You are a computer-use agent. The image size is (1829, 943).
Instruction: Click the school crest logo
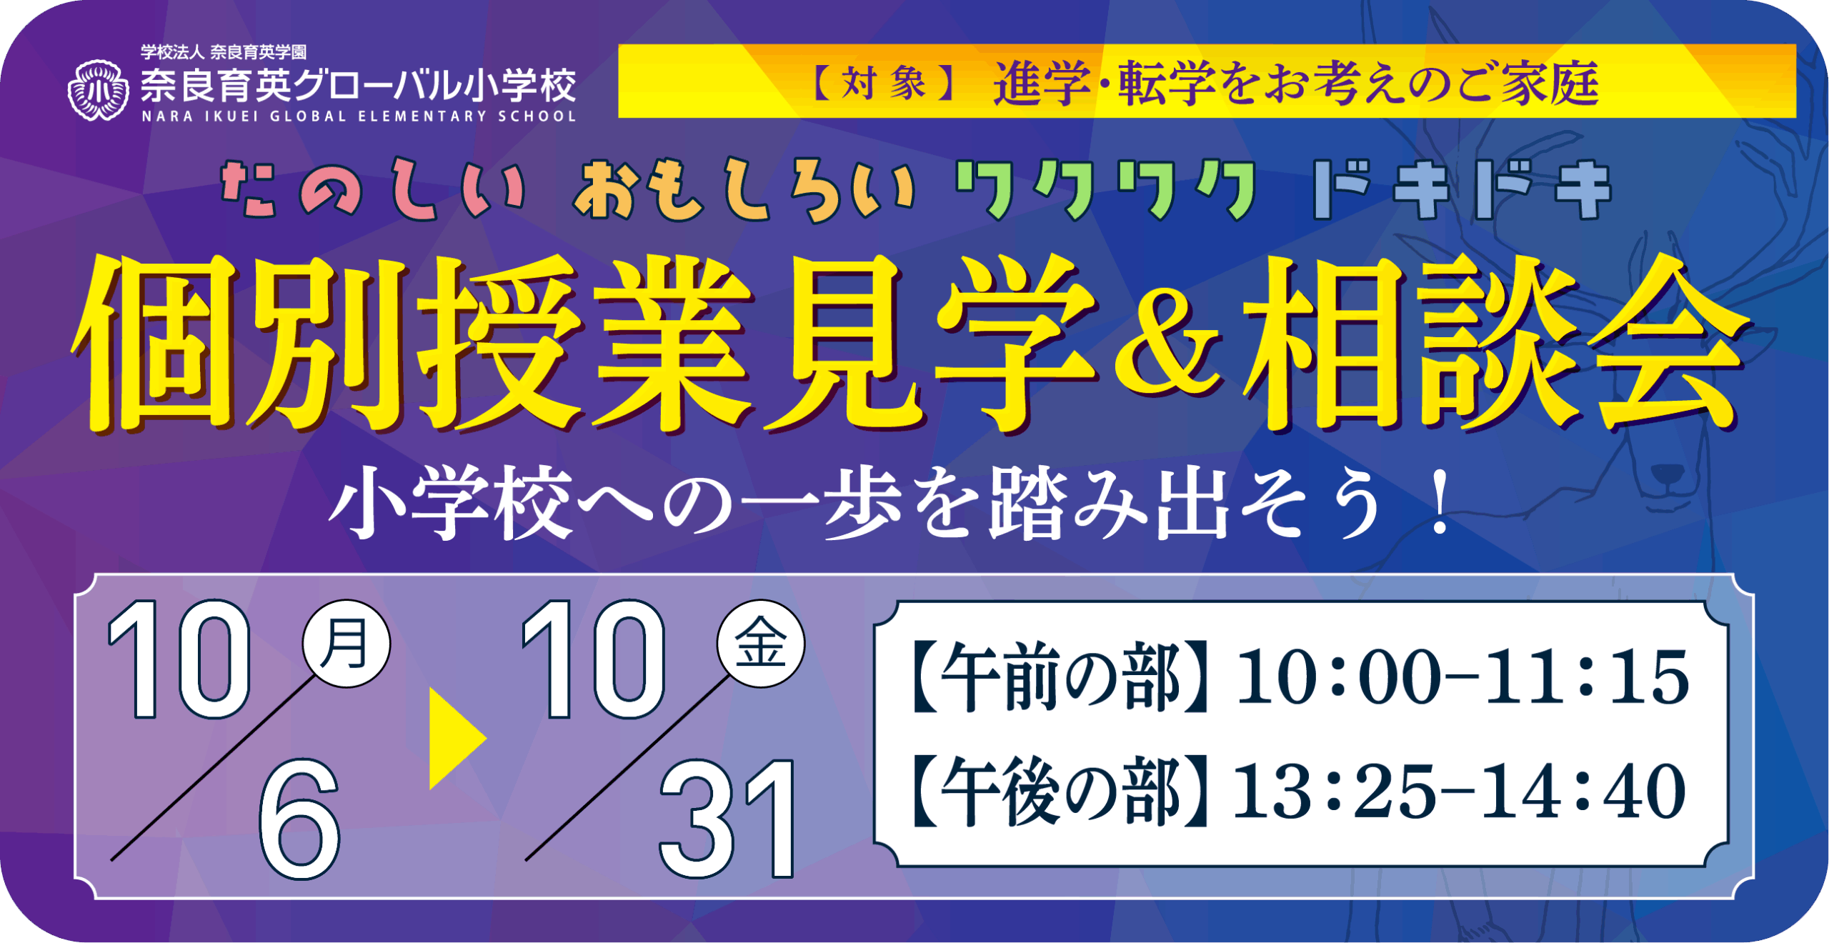point(99,90)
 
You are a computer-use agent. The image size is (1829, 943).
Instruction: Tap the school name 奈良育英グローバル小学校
point(359,86)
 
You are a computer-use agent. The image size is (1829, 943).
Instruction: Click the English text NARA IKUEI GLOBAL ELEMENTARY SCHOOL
point(359,116)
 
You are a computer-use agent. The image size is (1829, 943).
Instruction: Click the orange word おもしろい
point(743,189)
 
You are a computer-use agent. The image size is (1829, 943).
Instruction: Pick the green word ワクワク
point(1106,190)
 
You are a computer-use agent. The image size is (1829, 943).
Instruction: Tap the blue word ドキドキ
point(1462,189)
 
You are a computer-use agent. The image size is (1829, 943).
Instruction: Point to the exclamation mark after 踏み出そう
point(1440,503)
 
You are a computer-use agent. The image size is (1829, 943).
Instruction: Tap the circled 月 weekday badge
point(347,643)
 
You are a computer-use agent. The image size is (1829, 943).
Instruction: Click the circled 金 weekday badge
point(761,643)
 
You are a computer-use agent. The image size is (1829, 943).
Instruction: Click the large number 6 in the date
point(300,819)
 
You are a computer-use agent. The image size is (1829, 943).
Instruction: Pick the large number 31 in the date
point(727,819)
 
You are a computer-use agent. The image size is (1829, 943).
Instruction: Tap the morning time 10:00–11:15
point(1463,677)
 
